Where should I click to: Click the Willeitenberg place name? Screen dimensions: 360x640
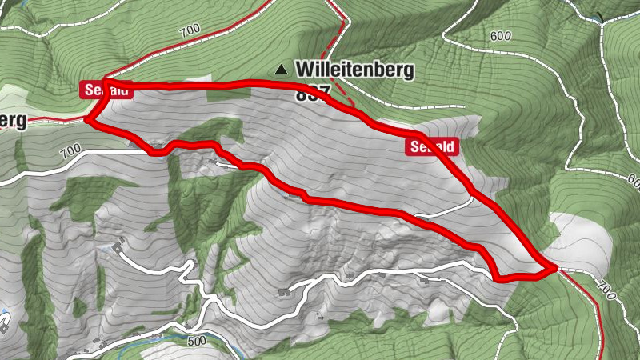[x=354, y=70]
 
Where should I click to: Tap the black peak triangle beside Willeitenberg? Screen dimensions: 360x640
[x=281, y=70]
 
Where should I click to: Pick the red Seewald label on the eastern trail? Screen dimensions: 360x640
[x=432, y=146]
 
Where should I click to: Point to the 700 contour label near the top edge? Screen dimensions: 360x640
[x=190, y=31]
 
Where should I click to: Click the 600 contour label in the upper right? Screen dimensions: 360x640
[x=500, y=36]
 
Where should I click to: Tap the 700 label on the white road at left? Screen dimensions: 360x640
[x=70, y=150]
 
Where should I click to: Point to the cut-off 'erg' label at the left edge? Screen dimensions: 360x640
[x=13, y=121]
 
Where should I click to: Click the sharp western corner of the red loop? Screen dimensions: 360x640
[x=88, y=122]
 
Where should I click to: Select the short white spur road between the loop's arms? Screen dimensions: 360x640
[x=444, y=210]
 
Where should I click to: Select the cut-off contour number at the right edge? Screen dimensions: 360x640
[x=634, y=182]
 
